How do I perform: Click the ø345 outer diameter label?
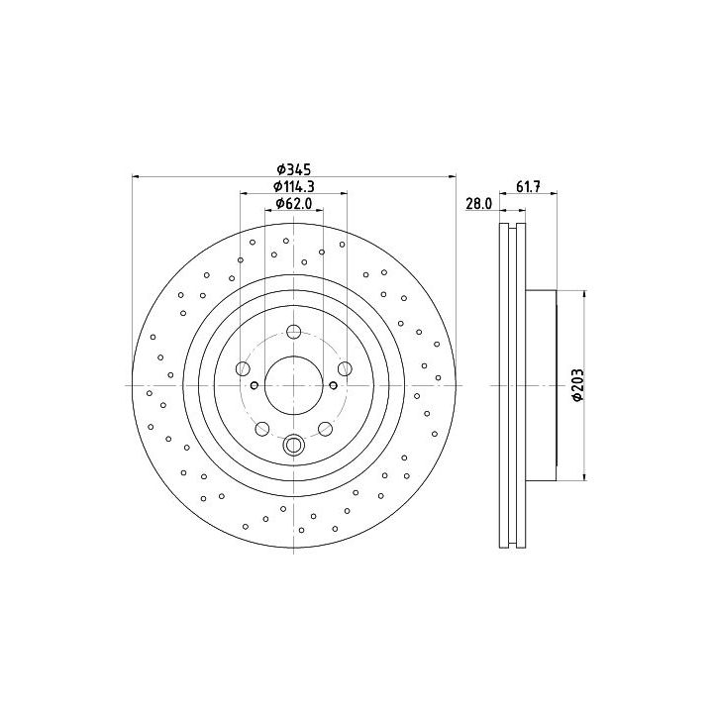(x=294, y=169)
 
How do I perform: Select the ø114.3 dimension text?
(x=294, y=186)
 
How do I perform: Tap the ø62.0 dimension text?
(x=294, y=204)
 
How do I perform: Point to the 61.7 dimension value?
(x=528, y=186)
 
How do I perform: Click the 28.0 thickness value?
(x=479, y=204)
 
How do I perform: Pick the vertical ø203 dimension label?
(x=578, y=385)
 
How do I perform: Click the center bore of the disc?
(x=294, y=385)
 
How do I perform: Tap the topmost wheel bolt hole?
(x=294, y=332)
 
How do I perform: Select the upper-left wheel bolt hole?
(x=243, y=368)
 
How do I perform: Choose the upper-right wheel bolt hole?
(x=345, y=368)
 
